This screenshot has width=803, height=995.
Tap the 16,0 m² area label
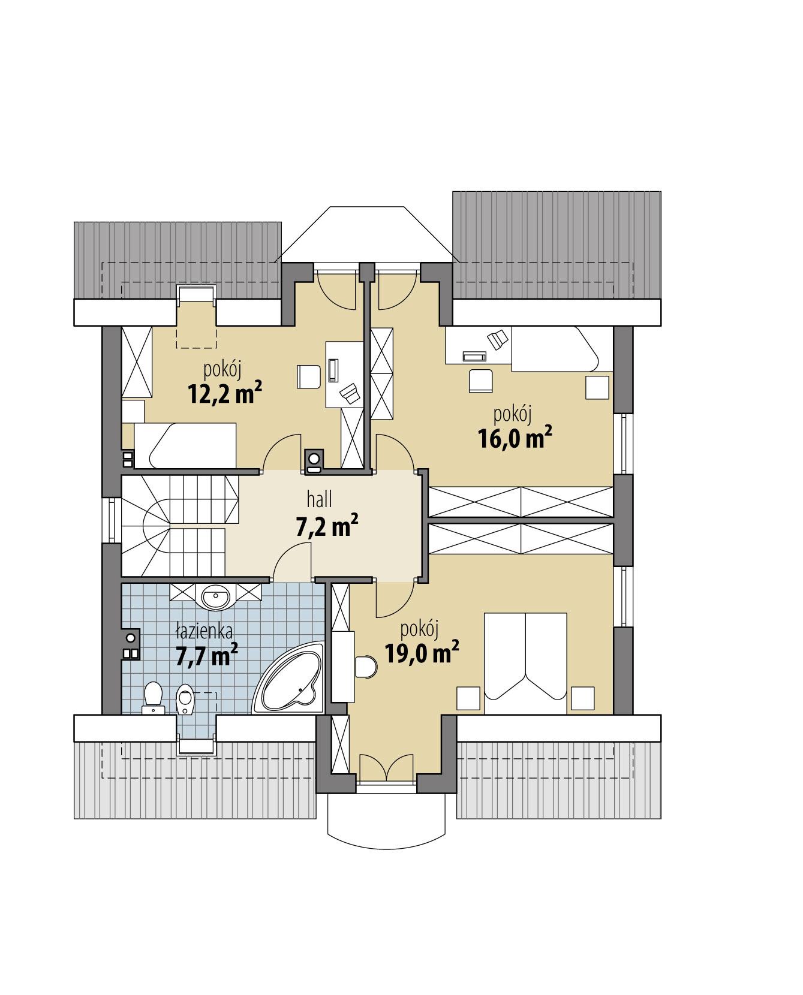coord(515,438)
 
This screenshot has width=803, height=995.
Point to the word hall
coord(320,499)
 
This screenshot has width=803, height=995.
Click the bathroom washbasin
coord(215,596)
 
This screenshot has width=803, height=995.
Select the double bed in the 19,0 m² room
coord(525,662)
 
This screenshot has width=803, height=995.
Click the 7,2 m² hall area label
coord(327,527)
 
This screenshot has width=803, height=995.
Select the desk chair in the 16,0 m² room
coord(480,381)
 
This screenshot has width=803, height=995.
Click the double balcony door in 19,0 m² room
coord(387,769)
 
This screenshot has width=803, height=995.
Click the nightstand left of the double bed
coord(468,698)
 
